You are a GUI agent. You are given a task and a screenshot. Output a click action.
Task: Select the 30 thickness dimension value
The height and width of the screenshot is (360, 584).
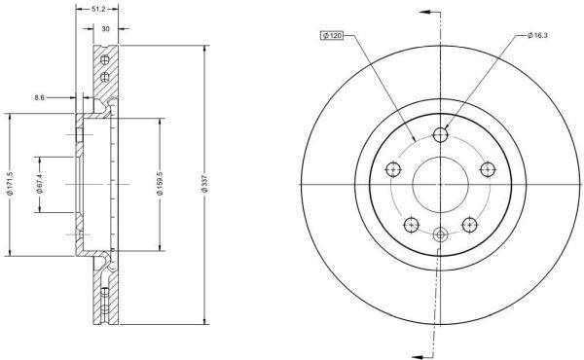104,30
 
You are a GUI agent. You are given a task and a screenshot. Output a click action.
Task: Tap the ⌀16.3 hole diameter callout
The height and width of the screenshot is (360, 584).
539,36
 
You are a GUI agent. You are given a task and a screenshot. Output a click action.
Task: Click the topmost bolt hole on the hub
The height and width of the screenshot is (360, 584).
441,135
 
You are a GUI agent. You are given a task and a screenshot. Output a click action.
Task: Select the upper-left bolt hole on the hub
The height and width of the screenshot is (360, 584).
394,170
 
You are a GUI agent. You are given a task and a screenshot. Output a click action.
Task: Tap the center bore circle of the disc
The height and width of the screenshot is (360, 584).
441,184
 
